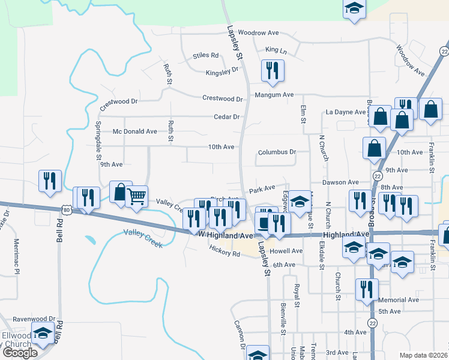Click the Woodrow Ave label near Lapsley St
point(259,32)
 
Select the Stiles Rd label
point(206,56)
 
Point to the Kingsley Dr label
point(223,73)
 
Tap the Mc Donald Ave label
point(135,131)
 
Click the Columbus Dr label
point(277,152)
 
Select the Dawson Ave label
point(340,182)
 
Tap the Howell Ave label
point(286,251)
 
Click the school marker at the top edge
point(354,8)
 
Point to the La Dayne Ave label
point(345,112)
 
